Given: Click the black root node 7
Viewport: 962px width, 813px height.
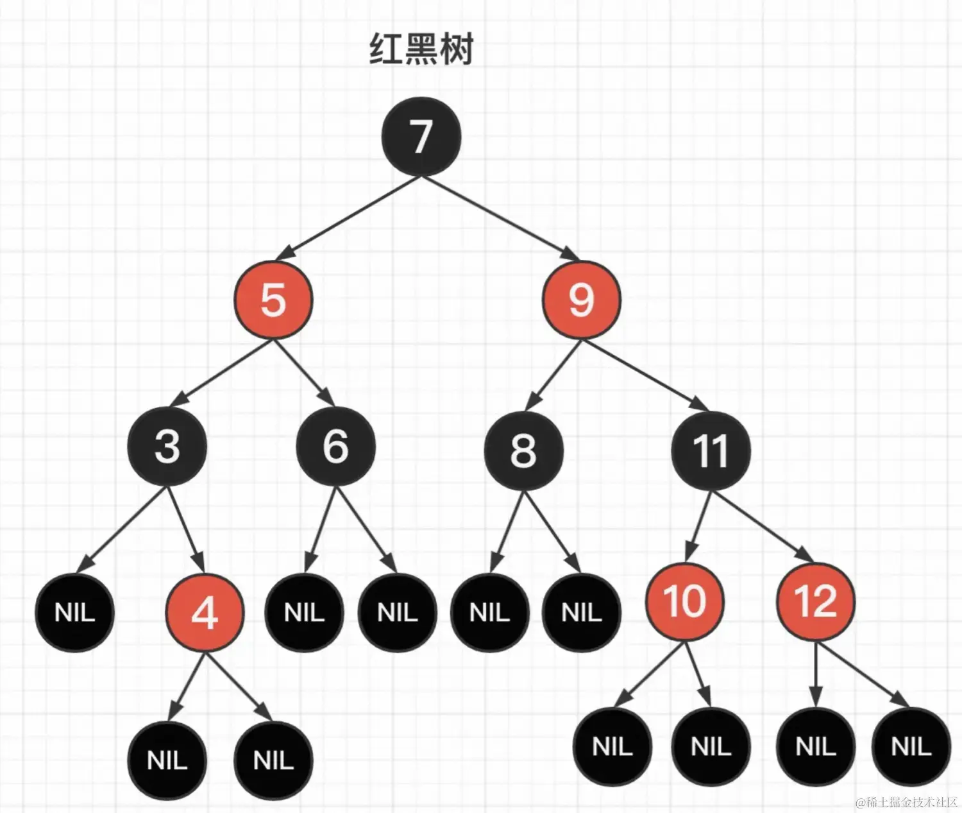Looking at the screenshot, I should (421, 136).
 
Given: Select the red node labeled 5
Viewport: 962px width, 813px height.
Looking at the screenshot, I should (273, 300).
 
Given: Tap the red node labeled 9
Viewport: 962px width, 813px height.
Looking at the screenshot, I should (581, 300).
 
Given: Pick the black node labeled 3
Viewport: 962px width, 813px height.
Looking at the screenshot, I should (167, 446).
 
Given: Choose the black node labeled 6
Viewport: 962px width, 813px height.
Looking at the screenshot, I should (335, 446).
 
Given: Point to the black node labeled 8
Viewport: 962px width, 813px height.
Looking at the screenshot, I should (523, 450).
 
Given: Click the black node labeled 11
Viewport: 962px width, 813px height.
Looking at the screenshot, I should (711, 450).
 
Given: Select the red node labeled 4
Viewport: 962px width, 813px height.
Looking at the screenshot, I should (205, 613).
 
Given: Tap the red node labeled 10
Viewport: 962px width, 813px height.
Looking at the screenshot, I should (684, 601).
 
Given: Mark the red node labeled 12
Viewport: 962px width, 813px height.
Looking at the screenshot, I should (816, 601).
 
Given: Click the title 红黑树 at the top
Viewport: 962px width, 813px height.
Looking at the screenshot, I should (421, 49).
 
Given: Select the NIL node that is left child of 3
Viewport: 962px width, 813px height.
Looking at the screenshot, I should (74, 612).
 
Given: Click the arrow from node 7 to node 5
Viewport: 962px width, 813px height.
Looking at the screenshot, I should (350, 215).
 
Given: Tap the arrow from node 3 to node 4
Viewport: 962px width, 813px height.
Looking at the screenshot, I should (187, 530).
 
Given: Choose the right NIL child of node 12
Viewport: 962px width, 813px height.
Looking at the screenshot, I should (911, 746).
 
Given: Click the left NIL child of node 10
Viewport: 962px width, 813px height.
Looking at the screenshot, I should (612, 746).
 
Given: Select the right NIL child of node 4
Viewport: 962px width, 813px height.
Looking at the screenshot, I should (273, 760).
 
